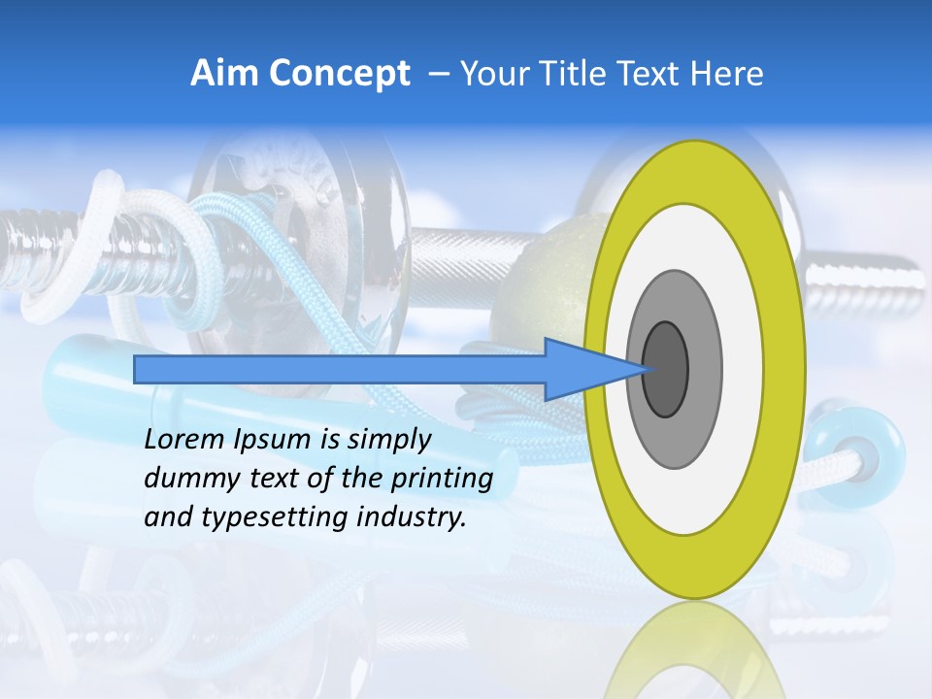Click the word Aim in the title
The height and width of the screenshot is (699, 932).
(x=225, y=74)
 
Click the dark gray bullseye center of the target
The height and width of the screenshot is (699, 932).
(x=666, y=370)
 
